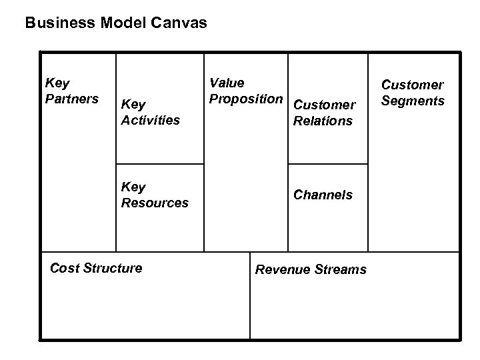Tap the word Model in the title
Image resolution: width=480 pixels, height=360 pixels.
119,23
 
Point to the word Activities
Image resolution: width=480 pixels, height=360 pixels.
150,121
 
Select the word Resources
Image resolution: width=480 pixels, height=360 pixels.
155,203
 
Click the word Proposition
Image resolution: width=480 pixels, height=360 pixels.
245,99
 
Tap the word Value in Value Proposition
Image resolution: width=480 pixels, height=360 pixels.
227,83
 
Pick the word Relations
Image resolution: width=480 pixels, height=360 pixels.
323,121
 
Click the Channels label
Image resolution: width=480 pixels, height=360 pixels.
323,195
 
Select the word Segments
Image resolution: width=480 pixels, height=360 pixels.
412,101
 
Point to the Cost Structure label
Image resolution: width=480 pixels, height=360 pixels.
96,269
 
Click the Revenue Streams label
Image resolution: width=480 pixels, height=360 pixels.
311,269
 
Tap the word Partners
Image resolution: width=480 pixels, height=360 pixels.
71,99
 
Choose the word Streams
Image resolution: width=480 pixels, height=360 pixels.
340,269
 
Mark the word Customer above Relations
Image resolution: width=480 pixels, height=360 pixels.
324,105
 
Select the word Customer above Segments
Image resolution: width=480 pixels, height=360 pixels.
412,85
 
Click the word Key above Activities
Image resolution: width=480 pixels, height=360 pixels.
133,105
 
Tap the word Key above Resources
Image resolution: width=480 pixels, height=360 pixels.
133,187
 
